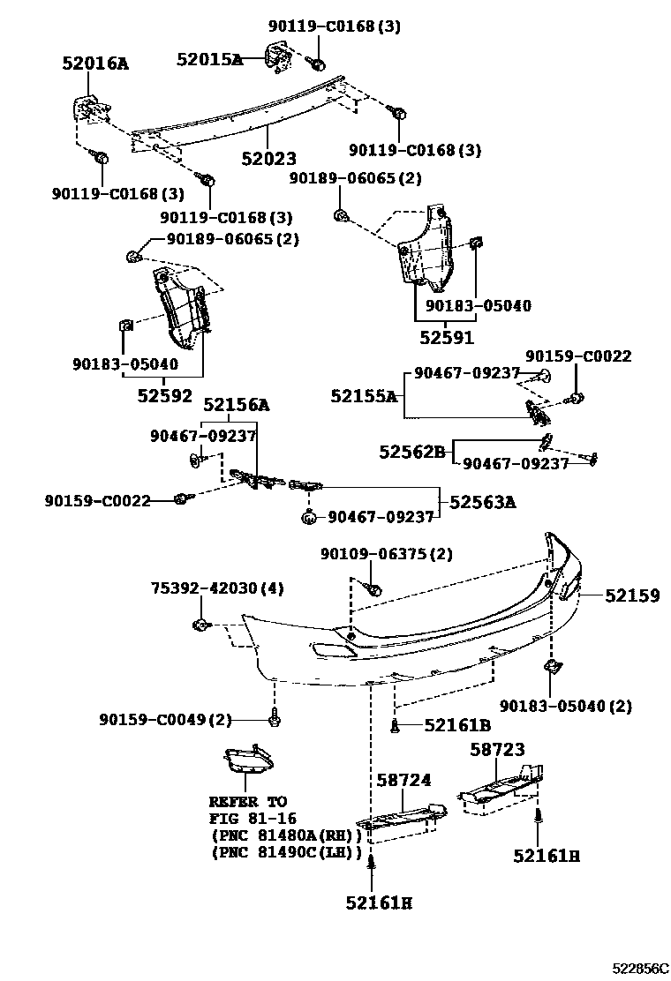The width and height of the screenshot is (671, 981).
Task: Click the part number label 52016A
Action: point(94,64)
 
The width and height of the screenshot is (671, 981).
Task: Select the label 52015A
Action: point(209,59)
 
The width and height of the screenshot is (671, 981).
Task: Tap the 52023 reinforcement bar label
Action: point(268,159)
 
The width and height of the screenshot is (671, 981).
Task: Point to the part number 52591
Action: point(447,337)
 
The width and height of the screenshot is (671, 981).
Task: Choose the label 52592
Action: point(164,395)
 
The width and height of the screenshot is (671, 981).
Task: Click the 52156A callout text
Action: point(237,405)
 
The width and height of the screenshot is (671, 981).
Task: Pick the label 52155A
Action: point(364,396)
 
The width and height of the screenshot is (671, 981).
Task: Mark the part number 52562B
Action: point(412,452)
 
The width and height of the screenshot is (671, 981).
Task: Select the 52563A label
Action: point(483,502)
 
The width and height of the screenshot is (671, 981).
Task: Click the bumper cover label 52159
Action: point(632,596)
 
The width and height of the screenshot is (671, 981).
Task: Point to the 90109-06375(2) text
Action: point(386,553)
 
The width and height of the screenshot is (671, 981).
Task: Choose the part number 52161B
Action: point(456,725)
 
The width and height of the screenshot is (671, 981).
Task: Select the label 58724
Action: point(403,780)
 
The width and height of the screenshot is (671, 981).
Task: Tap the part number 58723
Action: point(496,750)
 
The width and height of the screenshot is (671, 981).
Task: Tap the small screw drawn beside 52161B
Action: point(396,726)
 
